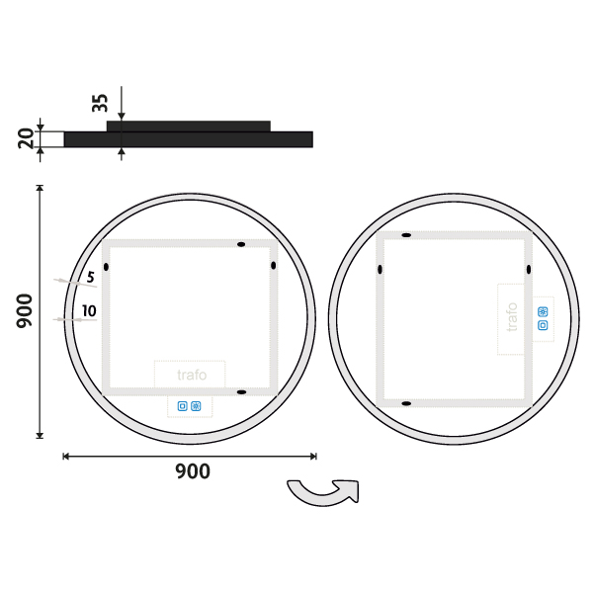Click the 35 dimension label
click(100, 103)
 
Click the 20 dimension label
click(27, 138)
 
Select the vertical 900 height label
click(24, 311)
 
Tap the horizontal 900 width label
click(193, 471)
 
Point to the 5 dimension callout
click(90, 277)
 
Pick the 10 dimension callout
click(89, 311)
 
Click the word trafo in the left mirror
click(192, 375)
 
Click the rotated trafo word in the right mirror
click(512, 317)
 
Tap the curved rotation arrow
click(324, 492)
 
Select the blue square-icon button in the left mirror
click(182, 406)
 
